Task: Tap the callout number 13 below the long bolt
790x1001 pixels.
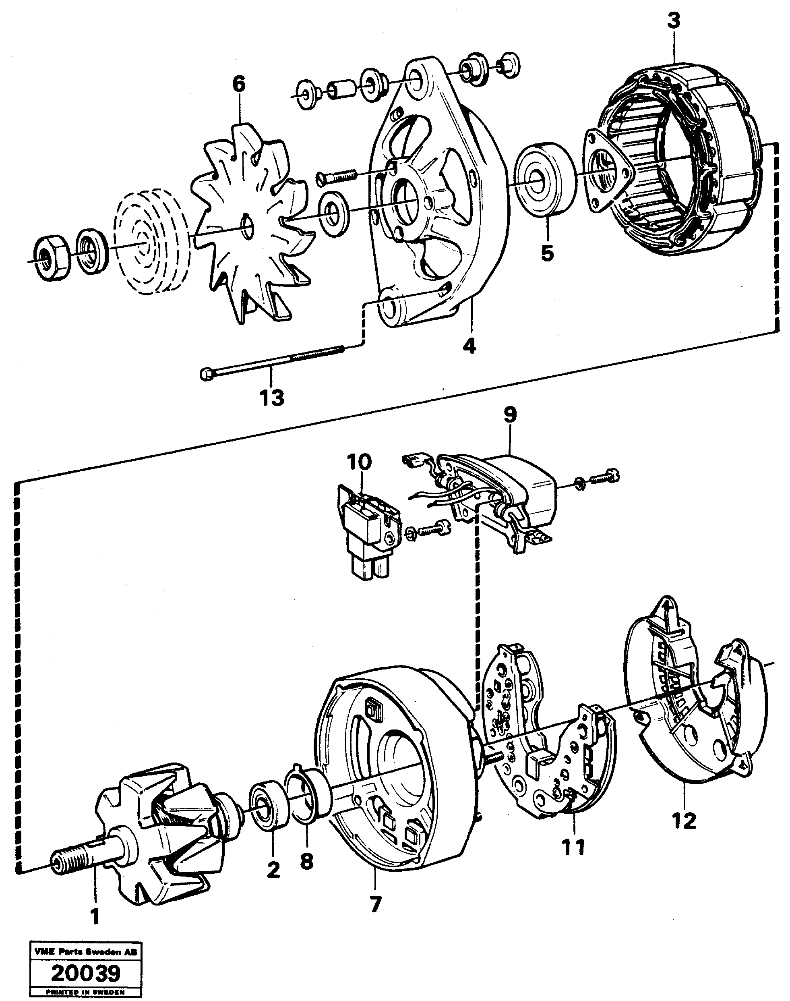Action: point(271,397)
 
